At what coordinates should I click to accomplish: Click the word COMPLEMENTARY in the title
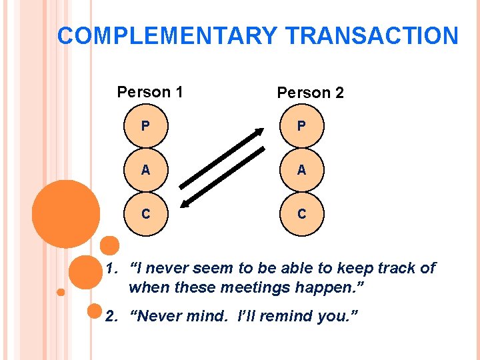point(167,35)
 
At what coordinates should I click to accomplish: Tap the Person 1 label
point(150,92)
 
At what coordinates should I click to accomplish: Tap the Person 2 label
point(310,93)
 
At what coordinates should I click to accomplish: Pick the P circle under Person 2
point(301,125)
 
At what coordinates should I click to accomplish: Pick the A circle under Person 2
point(301,169)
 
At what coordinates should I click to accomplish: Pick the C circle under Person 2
point(301,213)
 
